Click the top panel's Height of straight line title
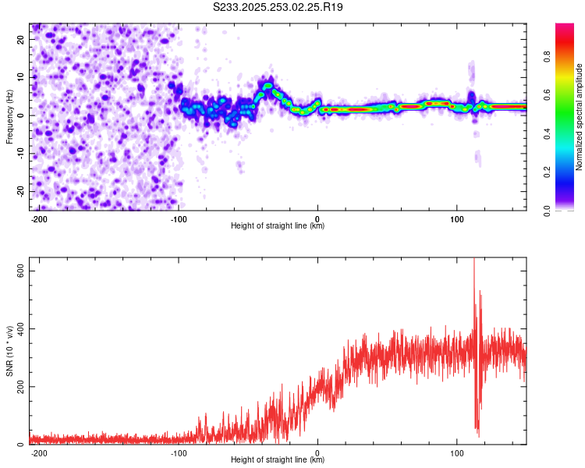coord(278,226)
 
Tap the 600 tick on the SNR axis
coord(20,271)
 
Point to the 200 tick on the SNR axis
coord(20,387)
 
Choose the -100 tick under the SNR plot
coord(178,453)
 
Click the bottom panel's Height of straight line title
coord(278,460)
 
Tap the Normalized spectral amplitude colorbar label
coord(579,117)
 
